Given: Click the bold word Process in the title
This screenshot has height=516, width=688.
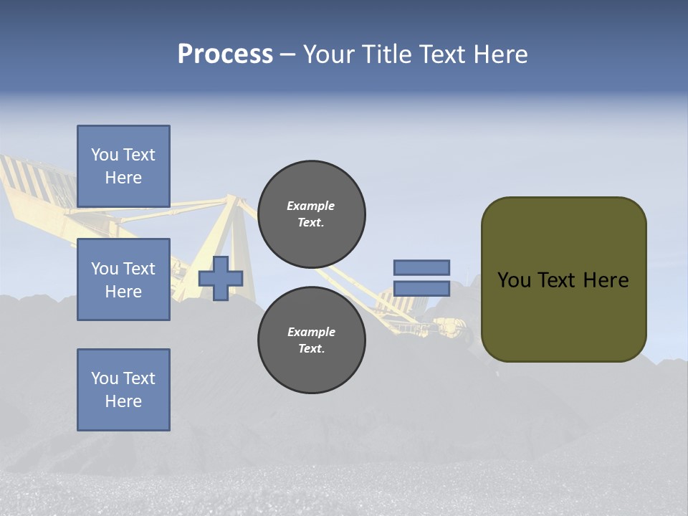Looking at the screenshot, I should (x=225, y=54).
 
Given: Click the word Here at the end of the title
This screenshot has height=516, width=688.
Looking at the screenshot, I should (x=500, y=54).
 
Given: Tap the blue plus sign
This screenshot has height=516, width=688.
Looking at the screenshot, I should (x=221, y=278).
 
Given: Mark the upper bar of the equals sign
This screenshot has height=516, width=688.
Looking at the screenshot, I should (x=421, y=267).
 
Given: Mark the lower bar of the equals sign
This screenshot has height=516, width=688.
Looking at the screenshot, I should (x=421, y=289).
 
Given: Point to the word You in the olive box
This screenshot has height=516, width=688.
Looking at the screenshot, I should (x=514, y=280).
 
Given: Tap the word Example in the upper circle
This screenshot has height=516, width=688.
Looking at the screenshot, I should (x=310, y=206).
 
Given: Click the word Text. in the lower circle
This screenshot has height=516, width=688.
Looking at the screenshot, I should (x=311, y=349).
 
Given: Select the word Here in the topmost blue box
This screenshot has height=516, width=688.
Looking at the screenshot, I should (x=123, y=178).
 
